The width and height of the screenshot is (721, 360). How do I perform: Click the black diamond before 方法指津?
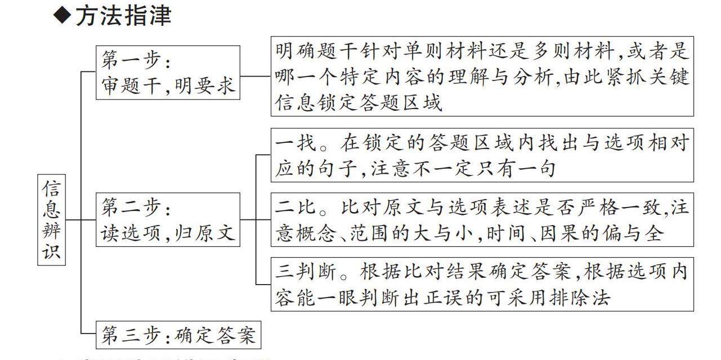(x=63, y=16)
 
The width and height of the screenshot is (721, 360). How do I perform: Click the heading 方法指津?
(x=123, y=16)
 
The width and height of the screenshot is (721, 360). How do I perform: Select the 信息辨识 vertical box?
(x=51, y=219)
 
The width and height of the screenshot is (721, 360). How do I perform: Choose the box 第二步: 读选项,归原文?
(x=168, y=219)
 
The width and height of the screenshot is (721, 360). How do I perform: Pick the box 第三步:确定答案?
(x=178, y=335)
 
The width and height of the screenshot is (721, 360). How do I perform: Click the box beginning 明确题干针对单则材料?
(x=482, y=76)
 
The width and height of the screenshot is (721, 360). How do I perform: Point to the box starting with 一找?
(x=482, y=155)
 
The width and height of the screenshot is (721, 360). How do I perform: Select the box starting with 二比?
(x=482, y=220)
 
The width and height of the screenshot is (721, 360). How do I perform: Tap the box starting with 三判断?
(x=482, y=284)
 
